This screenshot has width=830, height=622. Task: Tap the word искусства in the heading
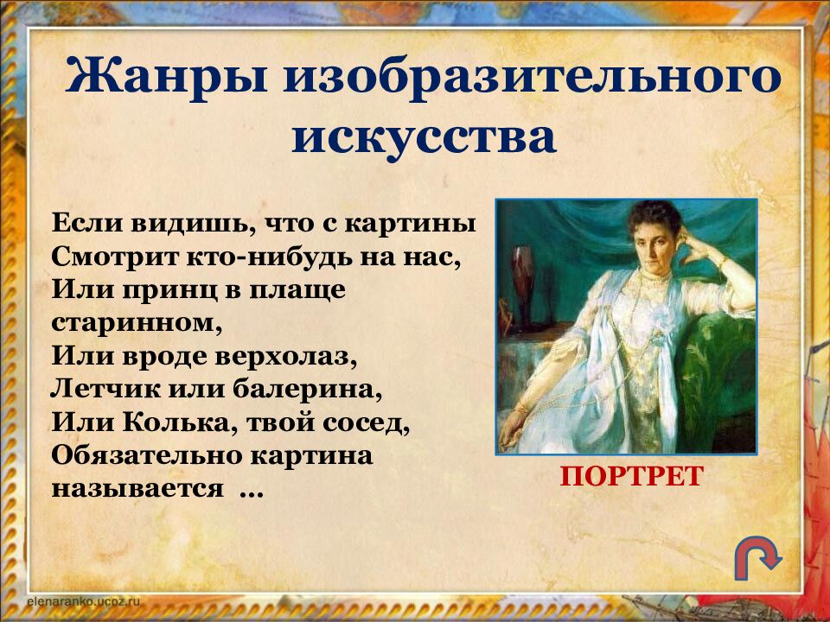coord(424,137)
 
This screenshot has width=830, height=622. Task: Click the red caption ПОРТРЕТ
coord(631,477)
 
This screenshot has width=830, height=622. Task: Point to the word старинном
coord(128,322)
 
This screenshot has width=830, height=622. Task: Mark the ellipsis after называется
coord(250,491)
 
